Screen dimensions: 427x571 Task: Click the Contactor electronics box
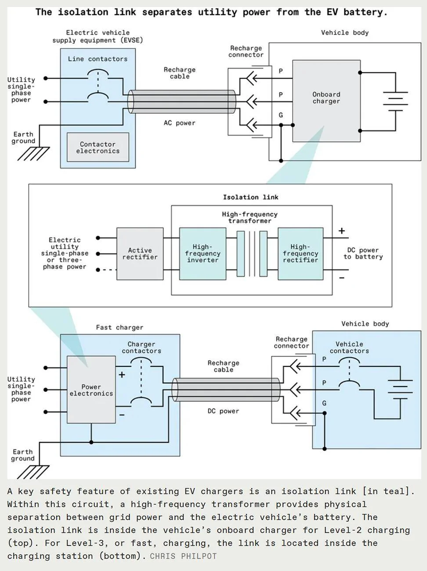tap(98, 147)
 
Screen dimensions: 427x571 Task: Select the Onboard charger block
tap(326, 101)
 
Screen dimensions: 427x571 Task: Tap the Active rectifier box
tap(140, 253)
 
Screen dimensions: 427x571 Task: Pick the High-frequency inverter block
tap(203, 253)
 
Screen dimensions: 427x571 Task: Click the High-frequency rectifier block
tap(300, 253)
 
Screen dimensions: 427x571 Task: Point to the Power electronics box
tap(91, 390)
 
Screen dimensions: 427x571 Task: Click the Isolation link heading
tap(250, 197)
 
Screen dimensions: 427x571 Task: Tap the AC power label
tap(179, 123)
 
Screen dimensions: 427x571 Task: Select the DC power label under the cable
tap(223, 411)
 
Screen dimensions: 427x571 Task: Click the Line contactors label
tap(98, 59)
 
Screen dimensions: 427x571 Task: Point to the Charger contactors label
tap(141, 347)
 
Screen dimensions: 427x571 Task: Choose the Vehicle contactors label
tap(349, 347)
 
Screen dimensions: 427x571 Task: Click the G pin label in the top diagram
tap(281, 115)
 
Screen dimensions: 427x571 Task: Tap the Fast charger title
tap(119, 328)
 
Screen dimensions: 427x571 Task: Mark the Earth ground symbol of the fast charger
tap(33, 472)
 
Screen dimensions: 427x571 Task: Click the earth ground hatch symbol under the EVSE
tap(33, 154)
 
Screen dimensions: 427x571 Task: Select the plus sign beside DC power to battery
tap(342, 231)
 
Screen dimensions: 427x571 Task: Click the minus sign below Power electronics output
tap(122, 415)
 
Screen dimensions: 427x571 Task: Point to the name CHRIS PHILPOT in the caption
tap(183, 556)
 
